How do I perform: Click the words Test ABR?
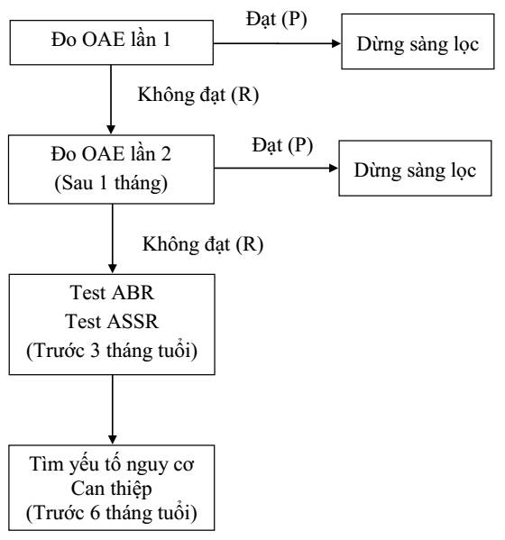(x=112, y=293)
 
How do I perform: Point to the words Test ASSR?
(x=112, y=321)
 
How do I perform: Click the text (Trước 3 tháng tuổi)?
(x=112, y=351)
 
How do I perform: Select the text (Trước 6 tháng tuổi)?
(x=112, y=513)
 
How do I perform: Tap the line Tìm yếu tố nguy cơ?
(x=112, y=464)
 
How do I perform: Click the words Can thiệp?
(x=112, y=489)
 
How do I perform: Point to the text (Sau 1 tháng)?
(x=111, y=183)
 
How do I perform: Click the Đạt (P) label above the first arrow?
(x=276, y=19)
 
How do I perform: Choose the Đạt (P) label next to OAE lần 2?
(x=282, y=145)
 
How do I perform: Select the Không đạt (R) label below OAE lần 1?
(x=198, y=95)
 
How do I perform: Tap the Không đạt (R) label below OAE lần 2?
(x=203, y=244)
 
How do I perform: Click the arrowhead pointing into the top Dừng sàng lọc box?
(x=335, y=43)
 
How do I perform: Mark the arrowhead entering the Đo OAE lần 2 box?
(x=111, y=129)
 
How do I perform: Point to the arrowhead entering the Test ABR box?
(x=113, y=269)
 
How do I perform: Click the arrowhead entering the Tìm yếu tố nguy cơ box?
(x=113, y=439)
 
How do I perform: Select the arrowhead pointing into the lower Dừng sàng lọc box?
(x=334, y=168)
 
